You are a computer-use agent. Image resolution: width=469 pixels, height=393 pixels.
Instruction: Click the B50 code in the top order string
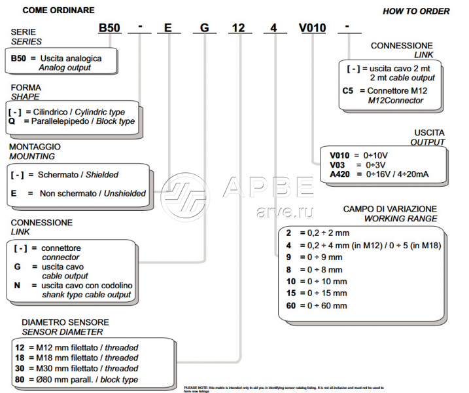tap(109, 29)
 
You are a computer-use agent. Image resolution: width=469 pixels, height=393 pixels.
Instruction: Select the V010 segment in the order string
tap(311, 29)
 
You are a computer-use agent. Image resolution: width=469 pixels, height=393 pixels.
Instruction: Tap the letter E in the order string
tap(168, 29)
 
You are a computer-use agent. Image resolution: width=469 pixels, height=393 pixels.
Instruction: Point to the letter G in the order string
tap(205, 29)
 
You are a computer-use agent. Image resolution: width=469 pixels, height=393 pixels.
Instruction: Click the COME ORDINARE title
tap(58, 10)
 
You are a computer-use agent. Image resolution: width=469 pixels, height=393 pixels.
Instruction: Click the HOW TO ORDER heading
tap(416, 11)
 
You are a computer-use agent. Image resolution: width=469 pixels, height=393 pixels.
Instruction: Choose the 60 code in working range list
tap(292, 305)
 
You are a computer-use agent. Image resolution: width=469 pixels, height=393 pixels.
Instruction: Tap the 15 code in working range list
tap(292, 293)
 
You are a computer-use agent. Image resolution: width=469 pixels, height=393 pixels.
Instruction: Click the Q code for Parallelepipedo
tap(12, 121)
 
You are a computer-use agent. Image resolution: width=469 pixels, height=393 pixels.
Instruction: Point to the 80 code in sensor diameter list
tap(20, 379)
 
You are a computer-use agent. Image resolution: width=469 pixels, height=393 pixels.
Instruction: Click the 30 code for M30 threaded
tap(20, 369)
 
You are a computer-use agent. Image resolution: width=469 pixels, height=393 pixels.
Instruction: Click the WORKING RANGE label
tap(400, 218)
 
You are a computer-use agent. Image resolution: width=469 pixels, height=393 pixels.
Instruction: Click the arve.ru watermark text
tap(285, 212)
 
